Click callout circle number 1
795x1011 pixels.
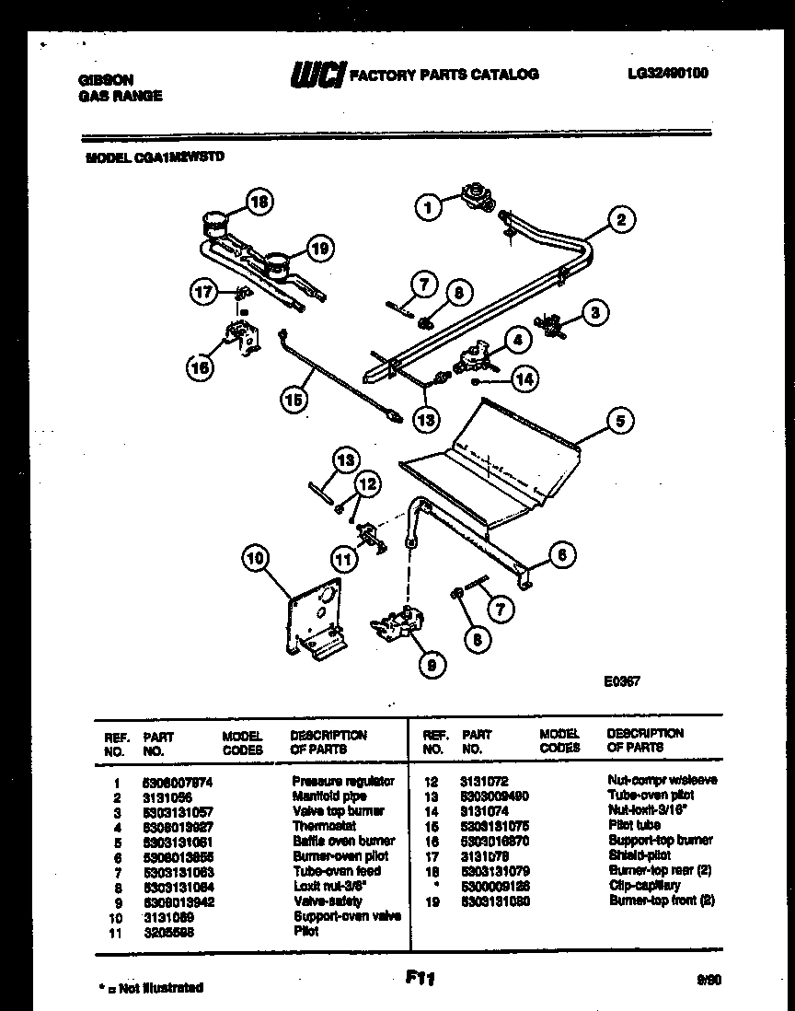[x=428, y=207]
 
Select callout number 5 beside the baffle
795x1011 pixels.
[x=618, y=421]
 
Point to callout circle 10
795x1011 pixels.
[x=257, y=557]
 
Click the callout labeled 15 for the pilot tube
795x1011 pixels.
[x=294, y=399]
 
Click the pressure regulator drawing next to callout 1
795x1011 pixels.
[x=478, y=195]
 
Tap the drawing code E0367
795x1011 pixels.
[x=622, y=682]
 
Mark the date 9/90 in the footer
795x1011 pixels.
[x=709, y=982]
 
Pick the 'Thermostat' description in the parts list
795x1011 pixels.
[x=324, y=826]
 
